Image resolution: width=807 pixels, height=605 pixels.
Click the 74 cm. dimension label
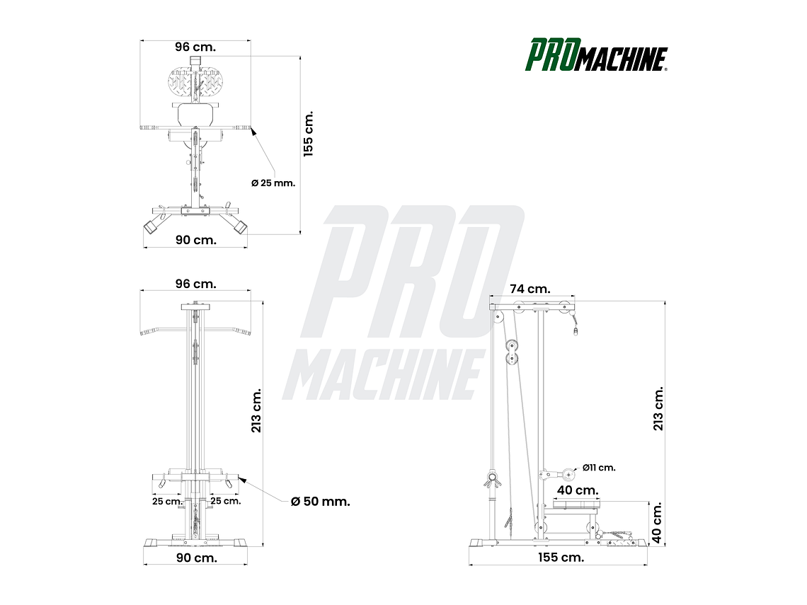[x=530, y=289]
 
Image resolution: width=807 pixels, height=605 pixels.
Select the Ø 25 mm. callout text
[x=273, y=183]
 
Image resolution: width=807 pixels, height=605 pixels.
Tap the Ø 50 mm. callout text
[x=321, y=502]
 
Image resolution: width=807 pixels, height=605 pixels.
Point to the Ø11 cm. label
[x=599, y=468]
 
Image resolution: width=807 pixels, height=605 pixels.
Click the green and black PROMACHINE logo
[x=596, y=56]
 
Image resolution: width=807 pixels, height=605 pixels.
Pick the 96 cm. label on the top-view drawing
[x=195, y=47]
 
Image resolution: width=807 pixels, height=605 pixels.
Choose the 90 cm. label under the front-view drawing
[x=196, y=558]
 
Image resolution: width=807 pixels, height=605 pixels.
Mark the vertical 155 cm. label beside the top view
[x=308, y=134]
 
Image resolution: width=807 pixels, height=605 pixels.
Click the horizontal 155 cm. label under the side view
[x=561, y=558]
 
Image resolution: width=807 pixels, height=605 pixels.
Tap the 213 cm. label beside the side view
[x=658, y=408]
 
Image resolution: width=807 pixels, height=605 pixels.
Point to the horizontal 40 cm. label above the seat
[x=578, y=490]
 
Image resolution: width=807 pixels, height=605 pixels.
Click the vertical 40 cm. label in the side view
[x=657, y=524]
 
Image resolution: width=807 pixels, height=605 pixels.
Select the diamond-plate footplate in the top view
[x=195, y=83]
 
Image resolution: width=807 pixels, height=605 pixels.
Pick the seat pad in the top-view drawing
[x=195, y=113]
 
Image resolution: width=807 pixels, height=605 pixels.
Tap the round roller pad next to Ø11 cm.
[x=568, y=474]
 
